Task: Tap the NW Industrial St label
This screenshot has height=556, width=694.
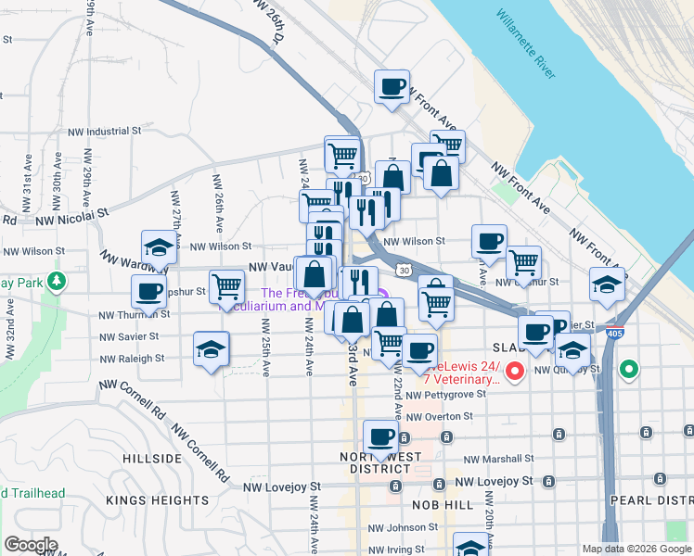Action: coord(102,132)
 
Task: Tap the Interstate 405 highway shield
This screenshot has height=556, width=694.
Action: coord(615,331)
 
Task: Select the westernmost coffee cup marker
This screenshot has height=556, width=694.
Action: coord(148,292)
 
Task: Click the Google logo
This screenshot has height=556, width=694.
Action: coord(31,545)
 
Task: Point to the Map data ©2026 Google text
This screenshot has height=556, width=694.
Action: coord(635,549)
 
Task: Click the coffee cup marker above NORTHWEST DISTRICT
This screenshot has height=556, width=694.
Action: coord(379,437)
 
